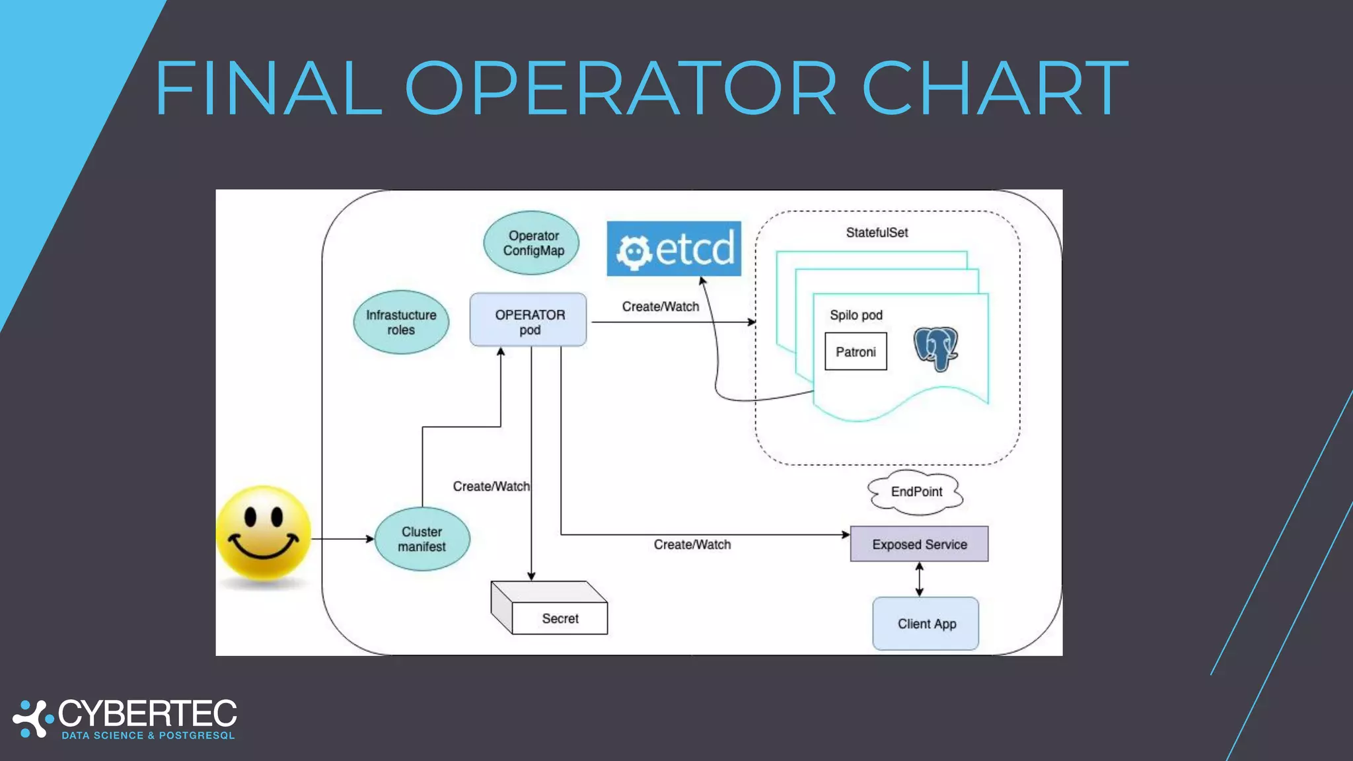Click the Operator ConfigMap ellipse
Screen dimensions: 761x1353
[x=532, y=243]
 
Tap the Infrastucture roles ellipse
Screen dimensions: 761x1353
[x=401, y=322]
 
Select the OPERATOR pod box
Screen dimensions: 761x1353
[x=528, y=320]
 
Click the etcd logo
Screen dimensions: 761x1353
[x=674, y=249]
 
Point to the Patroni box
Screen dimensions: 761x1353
[x=856, y=351]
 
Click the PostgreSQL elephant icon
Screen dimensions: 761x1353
[x=935, y=348]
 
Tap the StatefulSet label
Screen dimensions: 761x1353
[x=877, y=233]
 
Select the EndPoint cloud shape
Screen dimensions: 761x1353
[x=916, y=492]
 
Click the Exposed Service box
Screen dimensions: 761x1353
[x=919, y=544]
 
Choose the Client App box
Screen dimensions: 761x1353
[x=926, y=624]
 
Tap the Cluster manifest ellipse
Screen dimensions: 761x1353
[x=422, y=539]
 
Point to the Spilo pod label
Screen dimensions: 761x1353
[x=856, y=315]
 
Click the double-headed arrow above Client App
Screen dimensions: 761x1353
[x=919, y=579]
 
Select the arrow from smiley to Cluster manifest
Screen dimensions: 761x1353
[x=342, y=539]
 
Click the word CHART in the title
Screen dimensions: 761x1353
[x=995, y=89]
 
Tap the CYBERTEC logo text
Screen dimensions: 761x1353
[x=147, y=714]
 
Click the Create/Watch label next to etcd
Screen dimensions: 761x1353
[x=660, y=307]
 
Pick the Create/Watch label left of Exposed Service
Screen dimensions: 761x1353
[x=692, y=544]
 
